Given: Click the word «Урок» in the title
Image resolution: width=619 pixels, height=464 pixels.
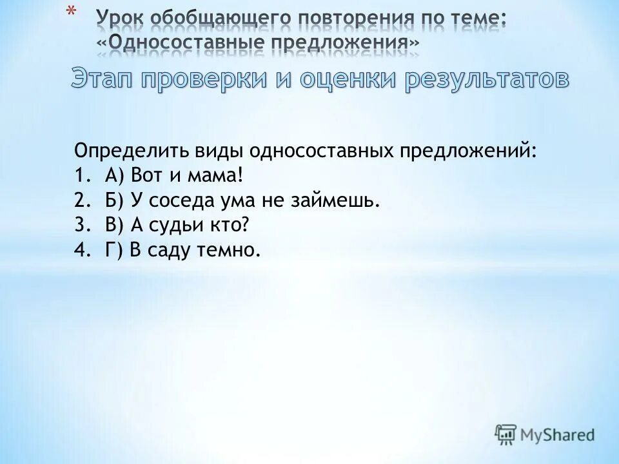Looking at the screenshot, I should coord(119,17).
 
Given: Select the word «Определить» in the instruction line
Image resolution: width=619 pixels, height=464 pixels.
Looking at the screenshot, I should coord(129,152).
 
